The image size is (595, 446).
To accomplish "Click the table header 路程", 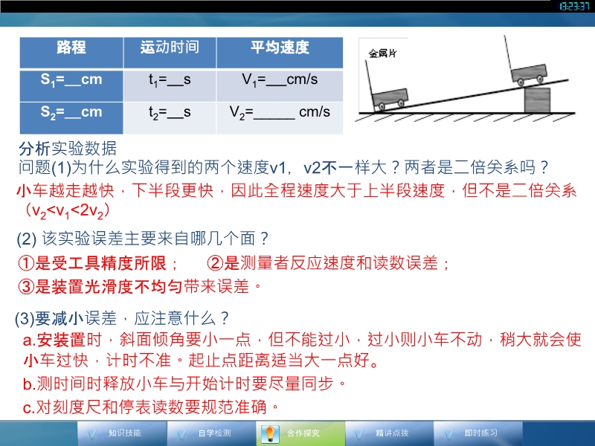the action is (71, 53).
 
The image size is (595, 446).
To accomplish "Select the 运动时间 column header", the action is (170, 53).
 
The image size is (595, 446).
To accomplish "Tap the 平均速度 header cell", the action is (280, 53).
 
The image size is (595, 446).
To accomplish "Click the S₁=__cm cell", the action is (71, 85).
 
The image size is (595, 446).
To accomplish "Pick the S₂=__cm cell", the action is (71, 118).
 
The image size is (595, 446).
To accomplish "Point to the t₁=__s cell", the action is (170, 85).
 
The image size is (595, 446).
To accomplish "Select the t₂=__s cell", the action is (170, 118).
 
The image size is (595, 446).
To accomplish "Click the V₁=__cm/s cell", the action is (280, 85).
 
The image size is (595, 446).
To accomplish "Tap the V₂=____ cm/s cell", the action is (280, 118).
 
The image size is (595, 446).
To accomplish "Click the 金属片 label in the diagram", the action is (382, 54).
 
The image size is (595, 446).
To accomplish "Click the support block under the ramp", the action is (537, 100).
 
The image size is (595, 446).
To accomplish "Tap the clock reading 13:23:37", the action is (574, 7).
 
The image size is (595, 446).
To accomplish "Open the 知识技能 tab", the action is (122, 433).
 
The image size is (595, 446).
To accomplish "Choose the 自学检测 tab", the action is (211, 433).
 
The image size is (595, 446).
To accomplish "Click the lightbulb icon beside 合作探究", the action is (270, 434).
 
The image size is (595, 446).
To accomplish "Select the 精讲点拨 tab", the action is (389, 433).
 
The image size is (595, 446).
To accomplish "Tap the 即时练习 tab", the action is (478, 433).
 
